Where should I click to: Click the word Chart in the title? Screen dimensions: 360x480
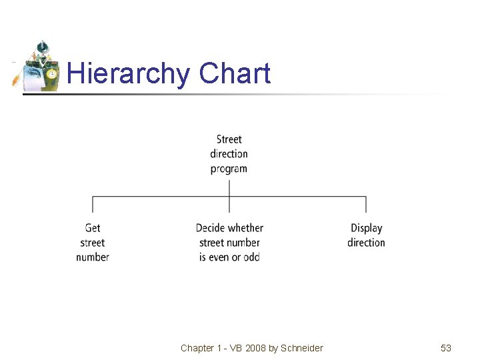[x=235, y=73]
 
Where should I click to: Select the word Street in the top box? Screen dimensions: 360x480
[x=229, y=139]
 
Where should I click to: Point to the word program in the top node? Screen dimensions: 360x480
[x=229, y=169]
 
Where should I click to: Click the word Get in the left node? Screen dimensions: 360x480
[x=93, y=228]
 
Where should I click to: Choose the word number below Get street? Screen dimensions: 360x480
[x=93, y=257]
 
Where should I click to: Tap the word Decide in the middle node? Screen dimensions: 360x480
[x=211, y=228]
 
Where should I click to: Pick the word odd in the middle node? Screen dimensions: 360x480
[x=251, y=257]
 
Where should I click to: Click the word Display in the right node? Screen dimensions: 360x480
[x=366, y=228]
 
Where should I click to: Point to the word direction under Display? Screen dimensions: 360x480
[x=366, y=243]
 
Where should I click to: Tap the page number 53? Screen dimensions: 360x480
[x=446, y=348]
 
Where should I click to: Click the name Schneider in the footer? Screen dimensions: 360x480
[x=302, y=348]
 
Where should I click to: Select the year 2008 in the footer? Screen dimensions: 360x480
[x=255, y=348]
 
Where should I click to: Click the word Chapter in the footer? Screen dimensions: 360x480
[x=197, y=348]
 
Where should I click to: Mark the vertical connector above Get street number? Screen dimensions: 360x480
[x=93, y=205]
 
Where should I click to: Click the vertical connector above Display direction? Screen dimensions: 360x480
[x=366, y=205]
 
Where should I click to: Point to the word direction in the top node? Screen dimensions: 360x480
[x=229, y=154]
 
